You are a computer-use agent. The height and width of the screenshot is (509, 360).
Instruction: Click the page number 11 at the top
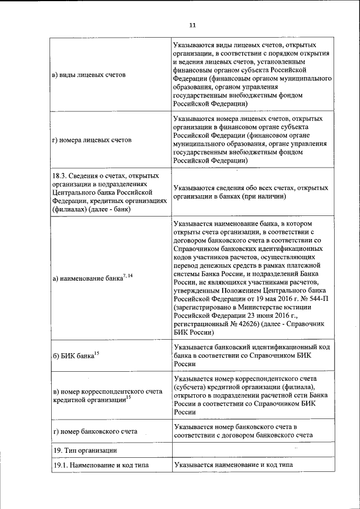192,25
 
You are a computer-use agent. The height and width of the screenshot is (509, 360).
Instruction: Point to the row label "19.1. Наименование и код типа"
103,465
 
